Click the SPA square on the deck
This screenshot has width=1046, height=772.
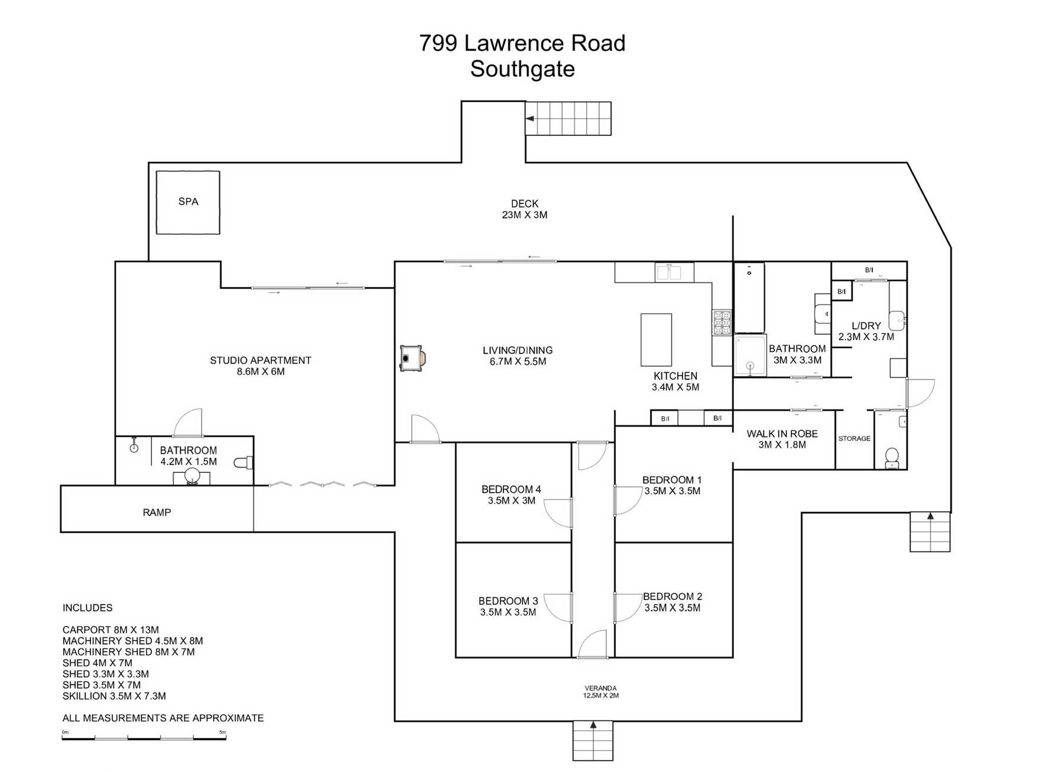pos(188,202)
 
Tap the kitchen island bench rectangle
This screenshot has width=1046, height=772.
pos(656,340)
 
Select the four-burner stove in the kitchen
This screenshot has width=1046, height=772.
pos(722,323)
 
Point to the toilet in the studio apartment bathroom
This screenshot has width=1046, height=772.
pos(243,462)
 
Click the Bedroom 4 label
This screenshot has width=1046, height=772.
pos(511,489)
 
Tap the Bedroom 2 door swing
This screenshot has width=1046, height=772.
pos(626,607)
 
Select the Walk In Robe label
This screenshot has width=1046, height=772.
pos(782,434)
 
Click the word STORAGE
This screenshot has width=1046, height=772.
pos(854,439)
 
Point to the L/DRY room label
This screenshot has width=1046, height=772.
pos(866,326)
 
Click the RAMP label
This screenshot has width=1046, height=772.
pos(157,512)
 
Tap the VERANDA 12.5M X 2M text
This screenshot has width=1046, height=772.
pos(600,692)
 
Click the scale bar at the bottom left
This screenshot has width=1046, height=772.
pos(144,738)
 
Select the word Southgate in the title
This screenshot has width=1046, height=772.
pos(522,69)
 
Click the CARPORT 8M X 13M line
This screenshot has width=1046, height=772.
pos(111,630)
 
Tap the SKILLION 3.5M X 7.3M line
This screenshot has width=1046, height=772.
pos(114,696)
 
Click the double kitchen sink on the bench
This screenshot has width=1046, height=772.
pos(674,273)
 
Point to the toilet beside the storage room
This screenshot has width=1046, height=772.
pos(892,457)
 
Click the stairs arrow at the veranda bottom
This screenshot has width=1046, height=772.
pos(593,725)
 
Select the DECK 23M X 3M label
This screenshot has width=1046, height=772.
pos(524,209)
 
